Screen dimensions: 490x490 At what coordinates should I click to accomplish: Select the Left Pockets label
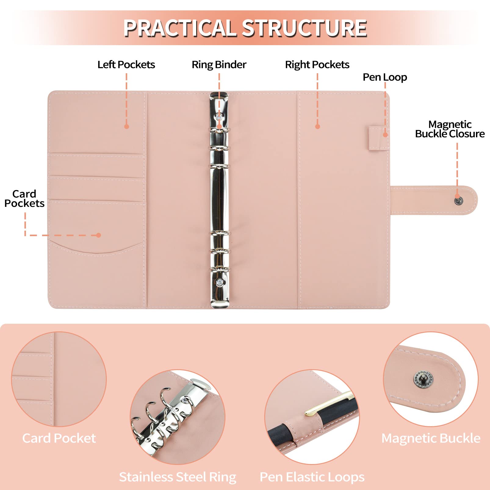tap(126, 65)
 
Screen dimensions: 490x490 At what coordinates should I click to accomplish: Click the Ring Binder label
tap(219, 65)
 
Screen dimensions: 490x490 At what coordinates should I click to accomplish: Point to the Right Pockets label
tap(317, 65)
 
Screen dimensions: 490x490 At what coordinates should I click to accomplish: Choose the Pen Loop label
tap(385, 77)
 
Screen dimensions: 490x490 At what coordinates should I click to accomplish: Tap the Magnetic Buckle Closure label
tap(450, 129)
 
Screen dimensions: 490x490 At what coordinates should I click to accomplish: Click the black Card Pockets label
tap(24, 199)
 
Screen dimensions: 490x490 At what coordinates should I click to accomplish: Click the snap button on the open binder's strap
tap(459, 201)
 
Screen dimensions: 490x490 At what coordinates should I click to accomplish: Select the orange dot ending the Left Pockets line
tap(127, 126)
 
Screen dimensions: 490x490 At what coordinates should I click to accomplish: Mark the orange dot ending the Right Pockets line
tap(318, 126)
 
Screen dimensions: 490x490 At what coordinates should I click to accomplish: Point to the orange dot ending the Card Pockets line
tap(98, 235)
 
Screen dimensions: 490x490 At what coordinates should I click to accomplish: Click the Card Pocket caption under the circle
tap(59, 438)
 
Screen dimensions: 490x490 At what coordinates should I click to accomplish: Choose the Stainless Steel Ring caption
tap(178, 477)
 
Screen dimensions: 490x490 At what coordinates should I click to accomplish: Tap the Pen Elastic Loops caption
tap(312, 477)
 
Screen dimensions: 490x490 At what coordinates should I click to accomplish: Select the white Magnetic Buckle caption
tap(431, 438)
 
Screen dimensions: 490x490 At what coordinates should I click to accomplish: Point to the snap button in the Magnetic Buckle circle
tap(423, 379)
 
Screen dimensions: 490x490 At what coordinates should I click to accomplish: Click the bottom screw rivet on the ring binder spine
tap(219, 283)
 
